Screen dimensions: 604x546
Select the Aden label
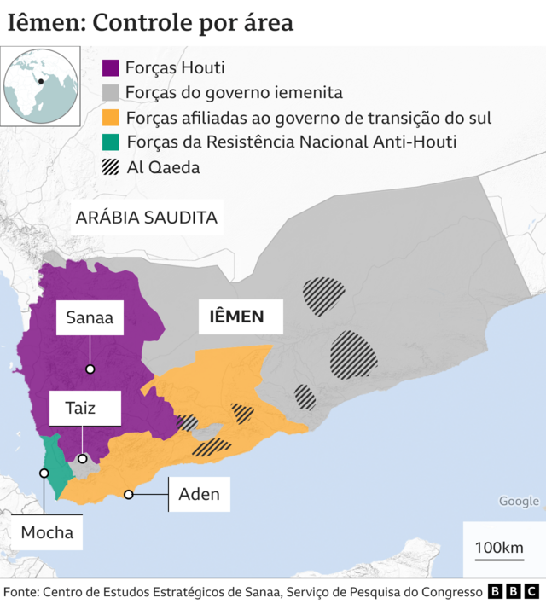pyautogui.click(x=199, y=494)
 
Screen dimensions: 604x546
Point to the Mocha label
pyautogui.click(x=47, y=534)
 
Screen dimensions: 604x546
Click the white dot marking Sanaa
pyautogui.click(x=90, y=369)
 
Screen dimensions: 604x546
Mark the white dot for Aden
pyautogui.click(x=129, y=494)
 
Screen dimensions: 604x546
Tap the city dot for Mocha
pyautogui.click(x=44, y=472)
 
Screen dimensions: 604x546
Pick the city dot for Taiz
pyautogui.click(x=83, y=459)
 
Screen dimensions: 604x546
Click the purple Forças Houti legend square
pyautogui.click(x=110, y=67)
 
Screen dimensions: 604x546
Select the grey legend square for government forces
pyautogui.click(x=110, y=92)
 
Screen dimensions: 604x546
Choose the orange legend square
pyautogui.click(x=110, y=117)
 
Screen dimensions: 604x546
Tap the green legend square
pyautogui.click(x=110, y=142)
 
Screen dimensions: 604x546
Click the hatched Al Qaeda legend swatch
pyautogui.click(x=110, y=167)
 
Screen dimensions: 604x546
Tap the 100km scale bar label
pyautogui.click(x=499, y=547)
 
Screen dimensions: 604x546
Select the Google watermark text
pyautogui.click(x=519, y=502)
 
